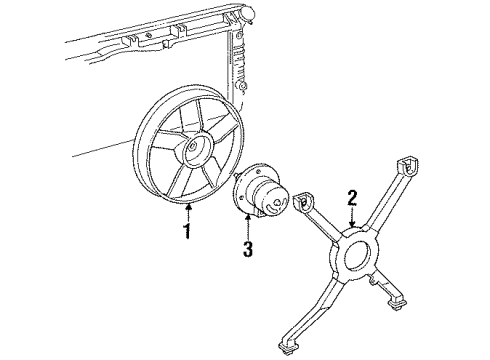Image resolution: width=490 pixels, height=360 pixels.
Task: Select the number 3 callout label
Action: tap(248, 245)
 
